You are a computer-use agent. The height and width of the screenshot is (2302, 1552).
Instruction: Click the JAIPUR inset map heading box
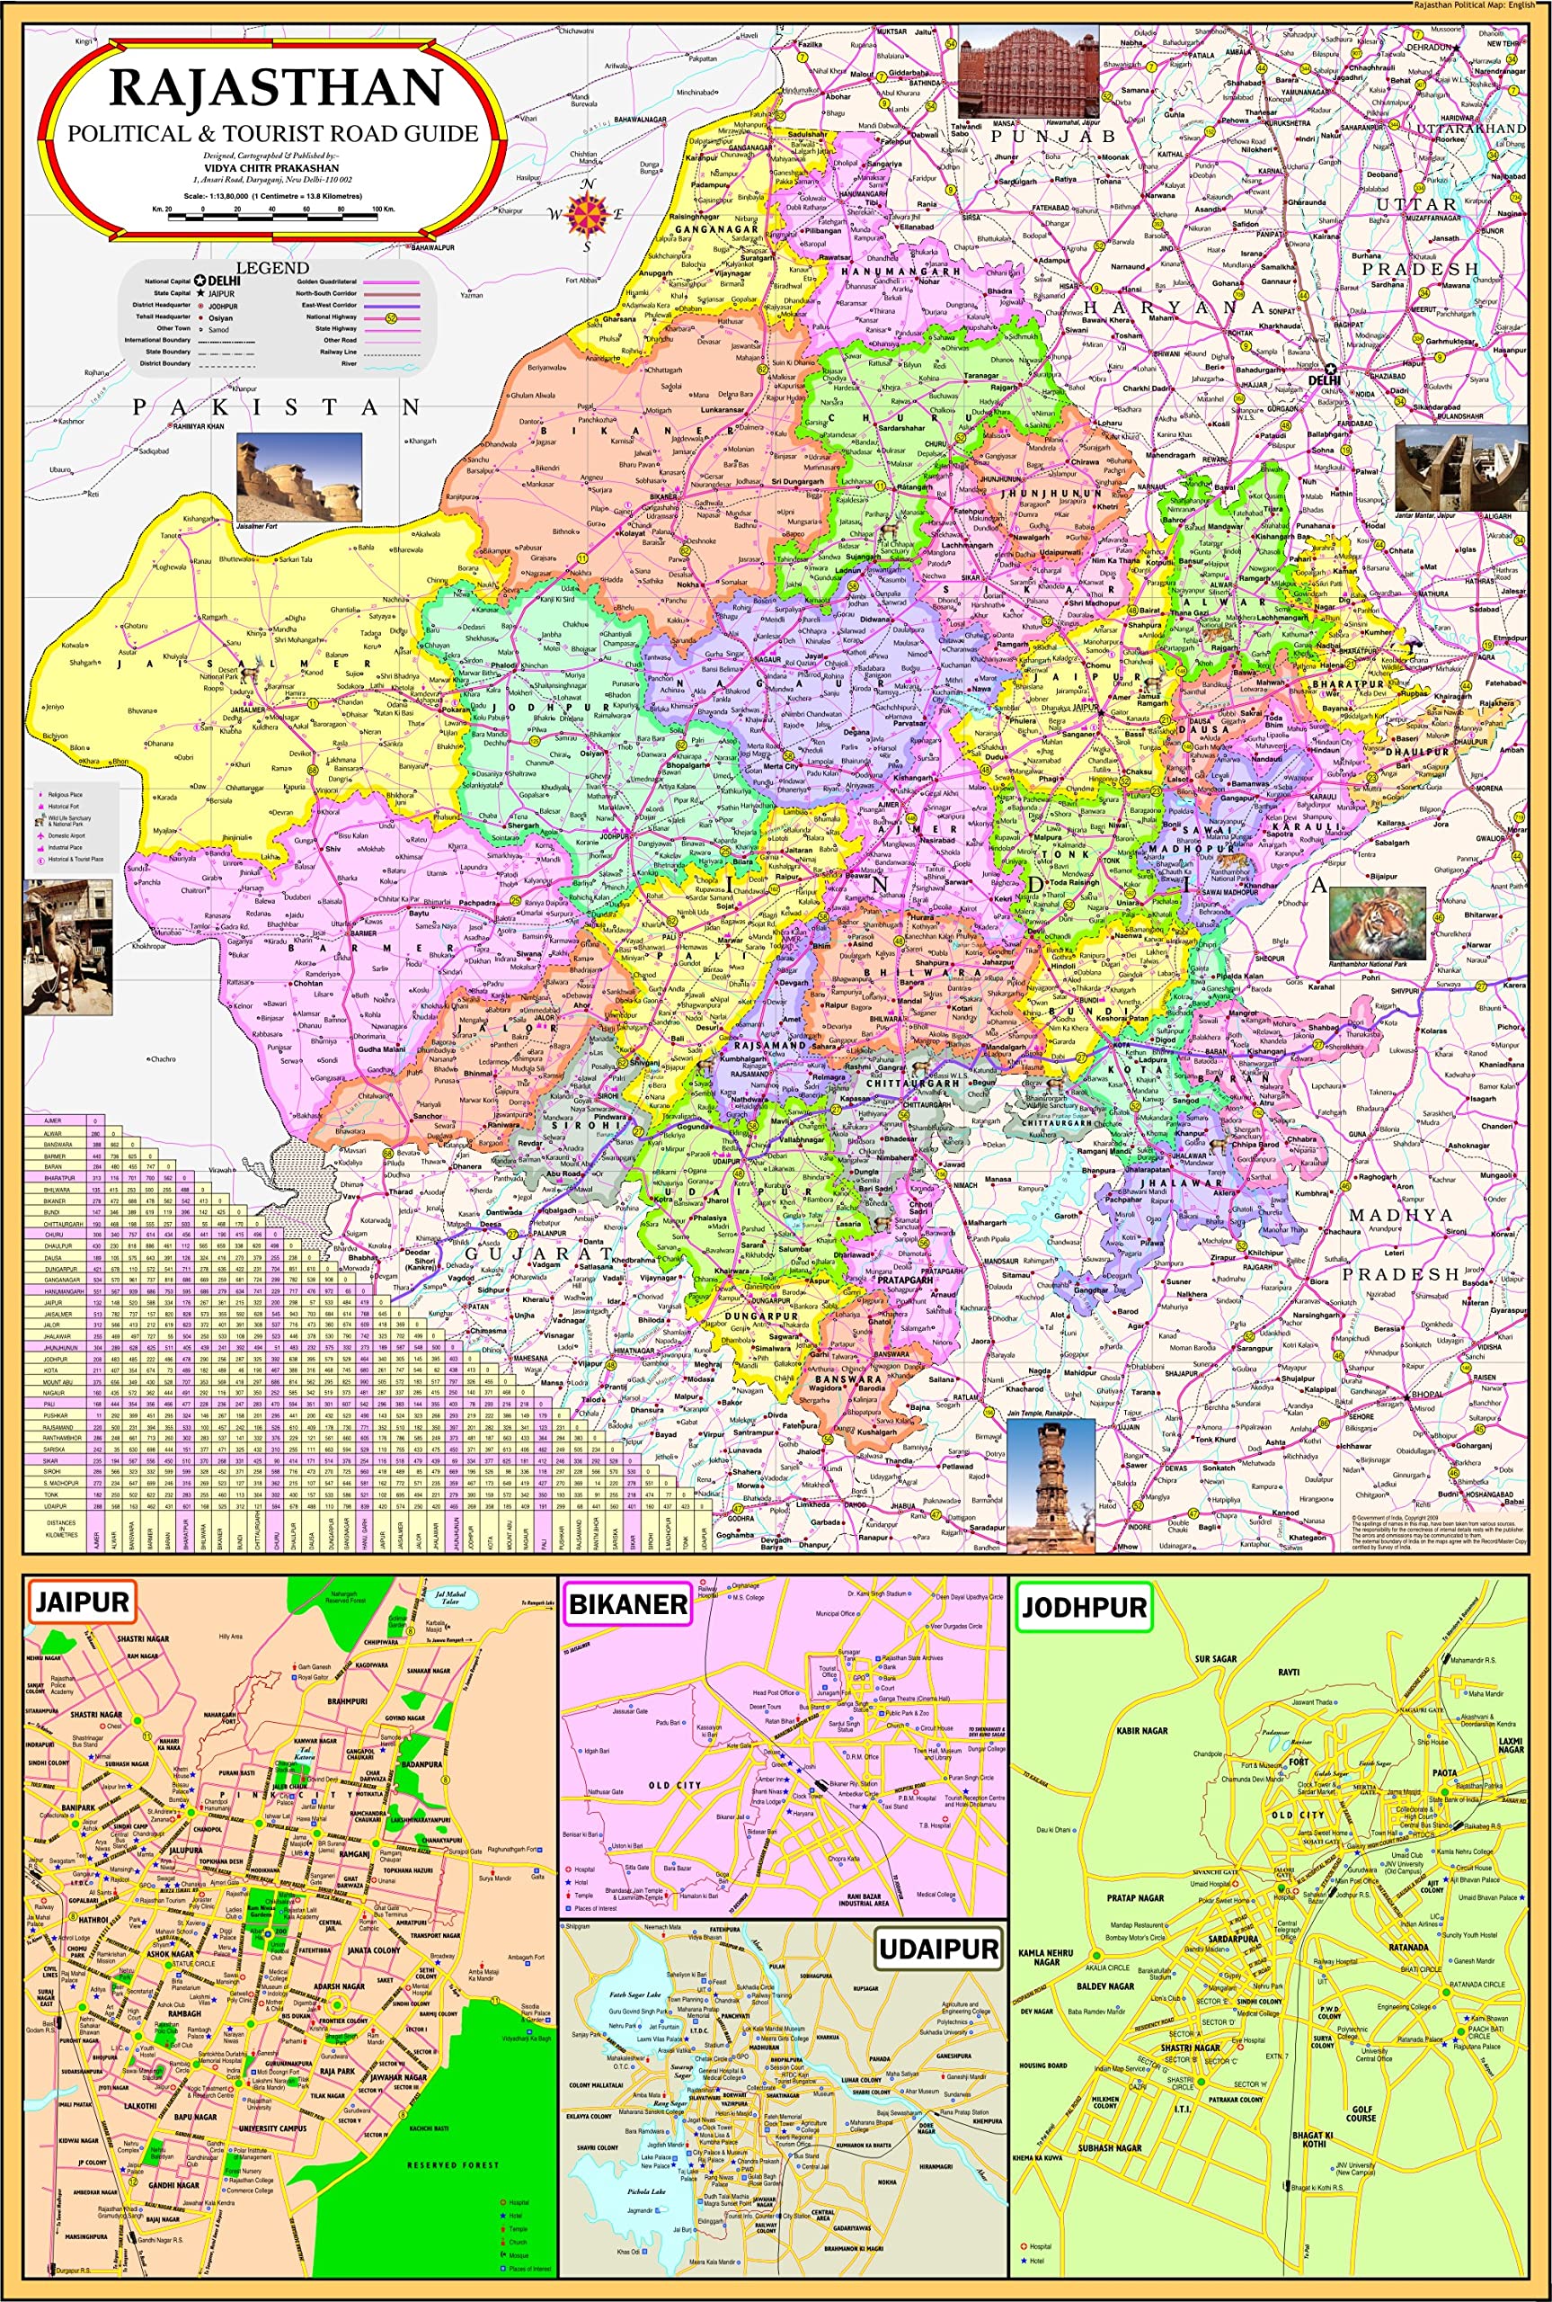[81, 1602]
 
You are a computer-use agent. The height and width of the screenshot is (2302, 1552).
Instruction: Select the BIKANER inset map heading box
[627, 1603]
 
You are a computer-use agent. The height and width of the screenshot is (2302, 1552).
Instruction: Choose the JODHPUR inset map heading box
[1084, 1606]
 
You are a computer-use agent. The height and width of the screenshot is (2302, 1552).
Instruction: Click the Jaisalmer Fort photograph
[299, 477]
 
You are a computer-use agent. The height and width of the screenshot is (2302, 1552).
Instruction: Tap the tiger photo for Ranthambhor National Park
[1377, 922]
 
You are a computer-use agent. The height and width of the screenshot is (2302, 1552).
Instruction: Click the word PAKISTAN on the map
[277, 407]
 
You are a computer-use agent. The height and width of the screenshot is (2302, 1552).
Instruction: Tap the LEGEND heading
[271, 267]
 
